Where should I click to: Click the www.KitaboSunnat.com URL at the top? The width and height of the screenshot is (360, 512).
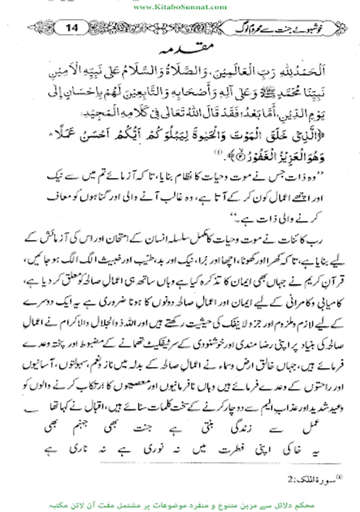click(x=180, y=7)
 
